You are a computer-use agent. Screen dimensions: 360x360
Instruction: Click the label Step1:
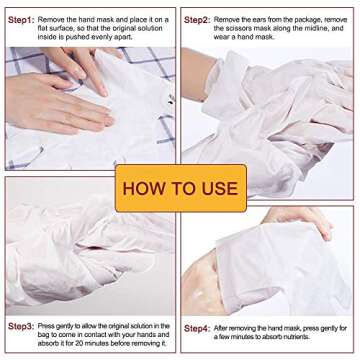(23, 19)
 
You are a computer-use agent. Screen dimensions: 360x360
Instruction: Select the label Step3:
(23, 327)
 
